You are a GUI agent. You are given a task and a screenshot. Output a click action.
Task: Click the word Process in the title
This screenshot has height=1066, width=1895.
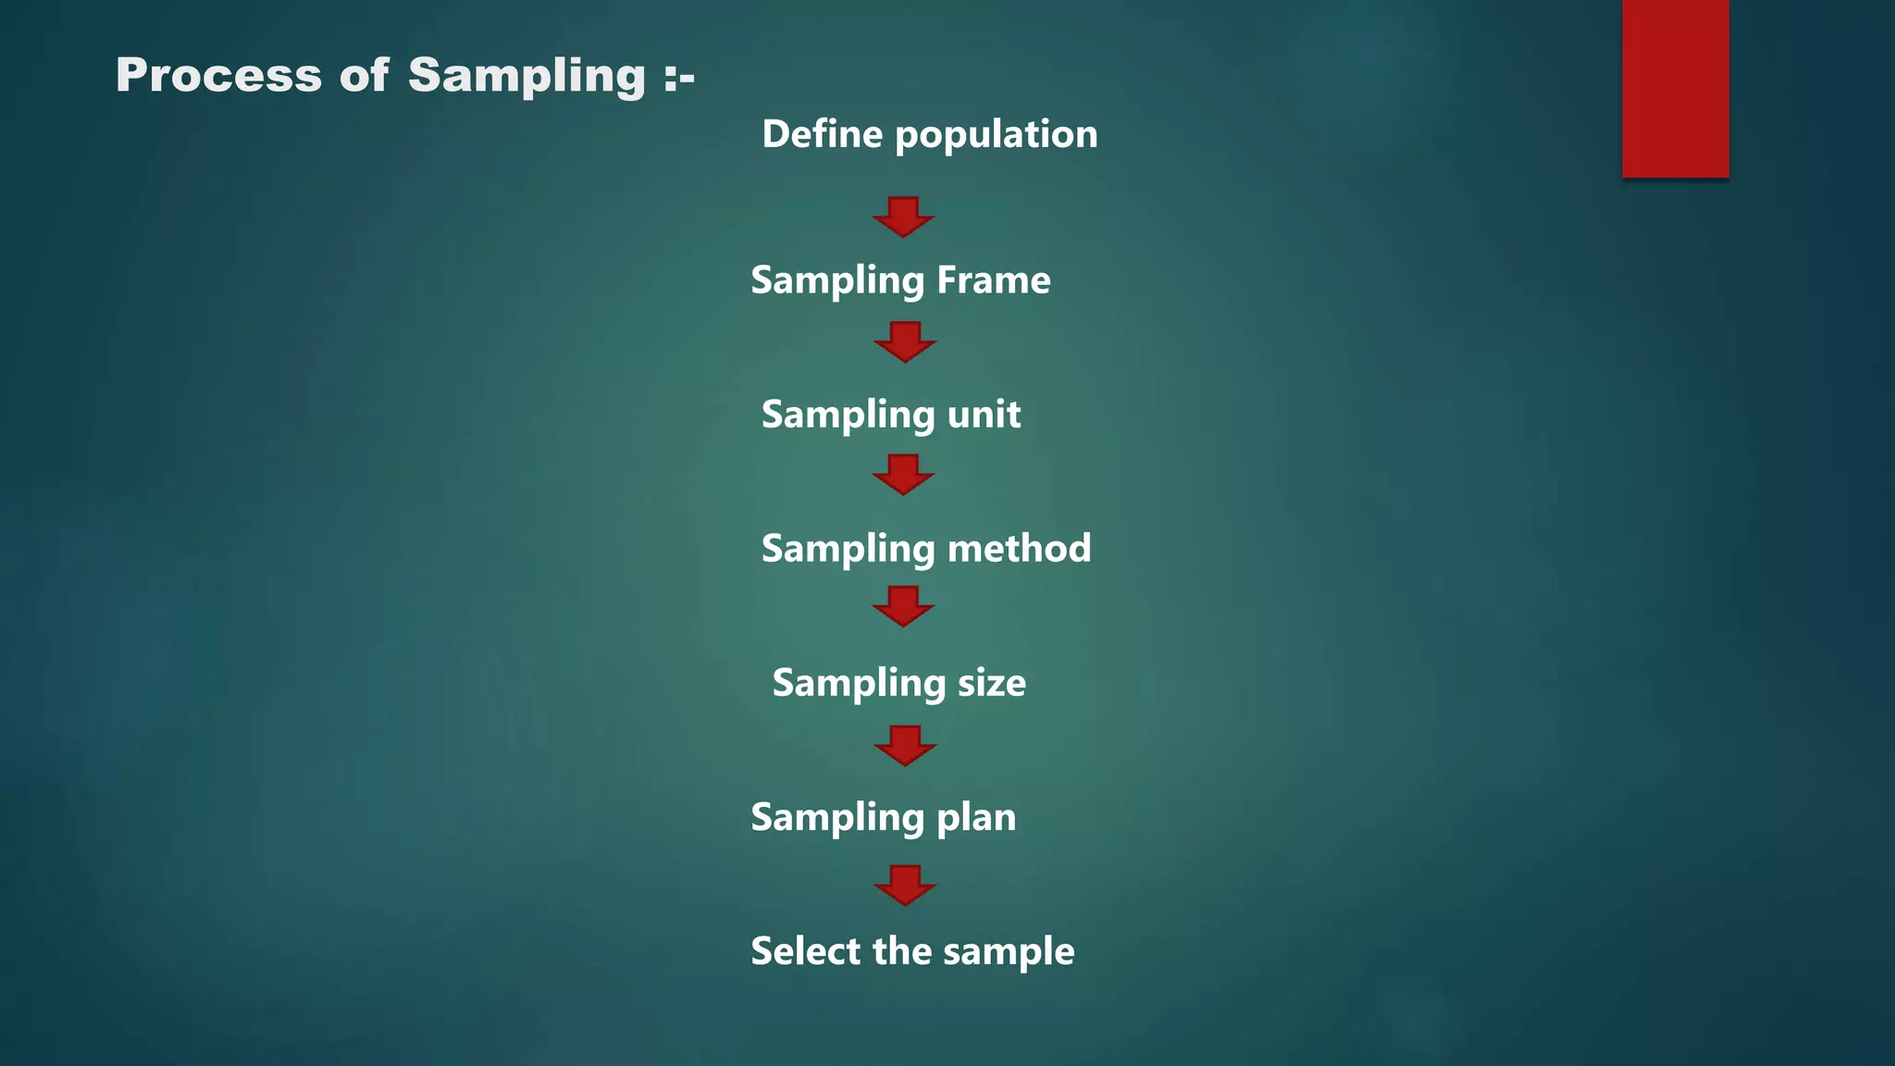coord(218,75)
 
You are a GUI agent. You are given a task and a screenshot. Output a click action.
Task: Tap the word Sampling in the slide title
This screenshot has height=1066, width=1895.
coord(526,77)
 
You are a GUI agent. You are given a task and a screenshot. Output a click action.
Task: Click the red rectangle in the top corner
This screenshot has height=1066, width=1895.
coord(1675,88)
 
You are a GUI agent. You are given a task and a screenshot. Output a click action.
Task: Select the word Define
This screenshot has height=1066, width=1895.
coord(823,134)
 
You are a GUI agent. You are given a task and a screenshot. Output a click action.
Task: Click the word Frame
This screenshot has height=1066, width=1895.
coord(993,279)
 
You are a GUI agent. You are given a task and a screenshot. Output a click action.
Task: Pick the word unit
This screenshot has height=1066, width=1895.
coord(984,414)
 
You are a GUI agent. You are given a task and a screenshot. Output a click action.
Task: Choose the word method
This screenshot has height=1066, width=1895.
coord(1019,548)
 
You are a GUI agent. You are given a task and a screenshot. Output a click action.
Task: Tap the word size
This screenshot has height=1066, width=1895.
coord(991,683)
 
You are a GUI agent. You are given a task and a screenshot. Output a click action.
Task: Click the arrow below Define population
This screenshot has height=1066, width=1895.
coord(903,217)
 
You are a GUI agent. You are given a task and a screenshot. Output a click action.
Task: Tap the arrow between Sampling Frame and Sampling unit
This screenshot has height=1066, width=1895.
coord(905,341)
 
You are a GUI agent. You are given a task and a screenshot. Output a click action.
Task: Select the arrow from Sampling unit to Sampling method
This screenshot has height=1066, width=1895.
coord(903,474)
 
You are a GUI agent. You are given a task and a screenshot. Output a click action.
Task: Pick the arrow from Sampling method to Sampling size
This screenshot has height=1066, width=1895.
coord(903,606)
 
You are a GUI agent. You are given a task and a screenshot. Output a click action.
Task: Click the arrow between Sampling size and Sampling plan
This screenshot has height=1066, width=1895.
coord(905,745)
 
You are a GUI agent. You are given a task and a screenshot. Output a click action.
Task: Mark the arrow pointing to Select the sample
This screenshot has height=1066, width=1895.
coord(905,885)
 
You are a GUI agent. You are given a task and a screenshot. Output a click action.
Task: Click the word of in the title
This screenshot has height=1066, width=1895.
coord(365,75)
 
